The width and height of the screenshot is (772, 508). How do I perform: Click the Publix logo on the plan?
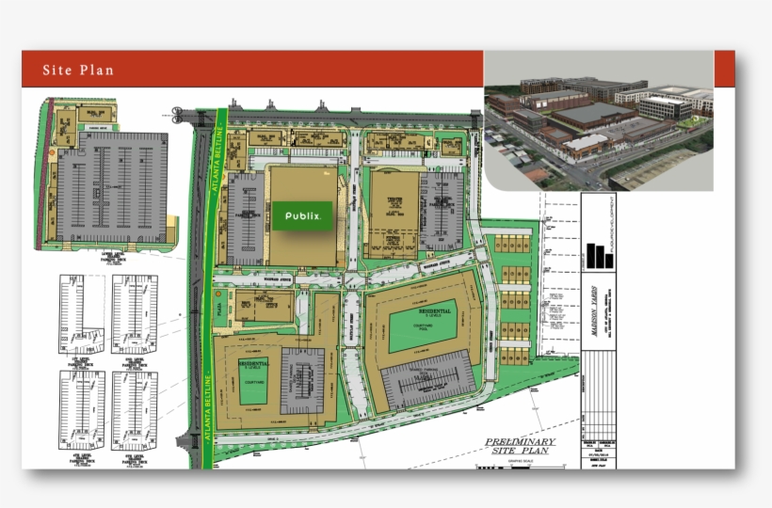[x=302, y=215]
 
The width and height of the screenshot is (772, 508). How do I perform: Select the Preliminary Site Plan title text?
[x=520, y=446]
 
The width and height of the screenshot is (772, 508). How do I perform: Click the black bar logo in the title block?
[x=598, y=256]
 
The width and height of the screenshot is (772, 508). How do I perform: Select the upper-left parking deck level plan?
[x=84, y=313]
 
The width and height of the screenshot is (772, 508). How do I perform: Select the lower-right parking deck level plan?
[x=135, y=409]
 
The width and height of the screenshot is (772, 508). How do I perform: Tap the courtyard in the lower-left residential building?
[x=251, y=388]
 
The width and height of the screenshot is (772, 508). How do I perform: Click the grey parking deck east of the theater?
[x=439, y=214]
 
